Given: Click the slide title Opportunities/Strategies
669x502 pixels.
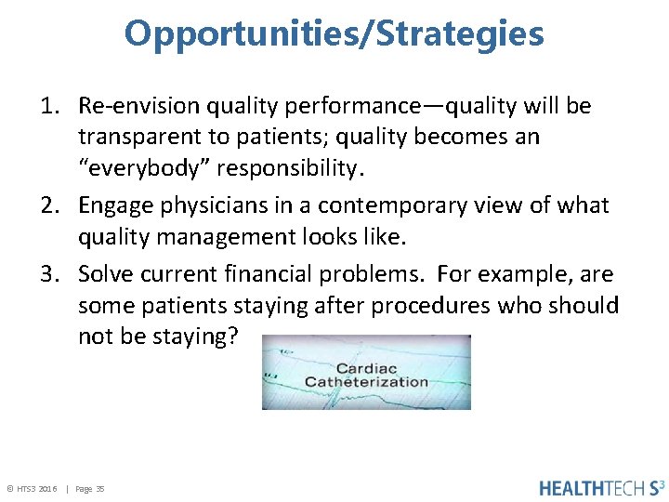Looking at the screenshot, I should point(334,34).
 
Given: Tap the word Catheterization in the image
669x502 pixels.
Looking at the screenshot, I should point(366,381).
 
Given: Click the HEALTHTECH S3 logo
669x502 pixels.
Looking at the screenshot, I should point(602,487).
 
